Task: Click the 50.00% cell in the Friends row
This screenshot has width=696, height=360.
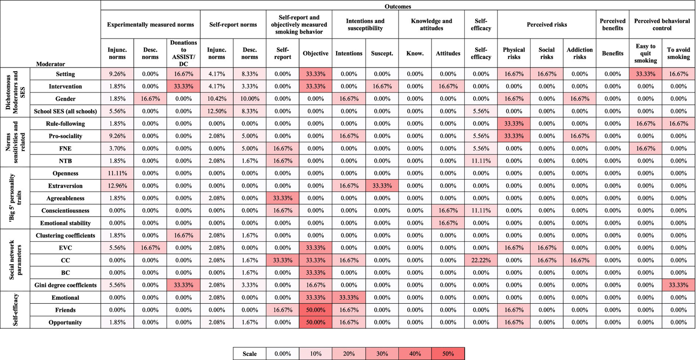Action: tap(316, 310)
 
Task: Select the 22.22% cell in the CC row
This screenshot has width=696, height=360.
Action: tap(481, 260)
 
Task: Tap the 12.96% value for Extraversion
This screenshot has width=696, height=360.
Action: tap(117, 186)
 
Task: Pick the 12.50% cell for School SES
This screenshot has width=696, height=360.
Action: tap(216, 111)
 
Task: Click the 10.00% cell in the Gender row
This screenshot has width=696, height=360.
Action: tap(249, 99)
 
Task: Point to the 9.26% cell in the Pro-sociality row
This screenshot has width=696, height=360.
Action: tap(117, 136)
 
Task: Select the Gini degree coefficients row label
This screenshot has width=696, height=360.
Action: tap(65, 285)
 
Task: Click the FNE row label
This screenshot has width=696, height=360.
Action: tap(65, 149)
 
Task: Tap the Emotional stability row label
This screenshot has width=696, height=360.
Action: tap(65, 223)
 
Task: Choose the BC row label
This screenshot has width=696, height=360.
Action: tap(65, 273)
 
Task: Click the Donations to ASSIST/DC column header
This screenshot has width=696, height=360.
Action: tap(183, 54)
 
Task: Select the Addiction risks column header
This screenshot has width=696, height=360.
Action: tap(579, 54)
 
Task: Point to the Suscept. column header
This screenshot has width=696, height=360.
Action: tap(382, 54)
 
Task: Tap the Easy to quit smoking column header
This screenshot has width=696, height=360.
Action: tap(645, 54)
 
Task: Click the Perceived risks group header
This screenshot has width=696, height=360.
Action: tap(546, 24)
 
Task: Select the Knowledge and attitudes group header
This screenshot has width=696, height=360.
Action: tap(431, 24)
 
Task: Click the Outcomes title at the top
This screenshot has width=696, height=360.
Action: tap(398, 6)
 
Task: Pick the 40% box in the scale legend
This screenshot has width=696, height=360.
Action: tap(415, 354)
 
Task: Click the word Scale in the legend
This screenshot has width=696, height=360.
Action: tap(249, 354)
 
